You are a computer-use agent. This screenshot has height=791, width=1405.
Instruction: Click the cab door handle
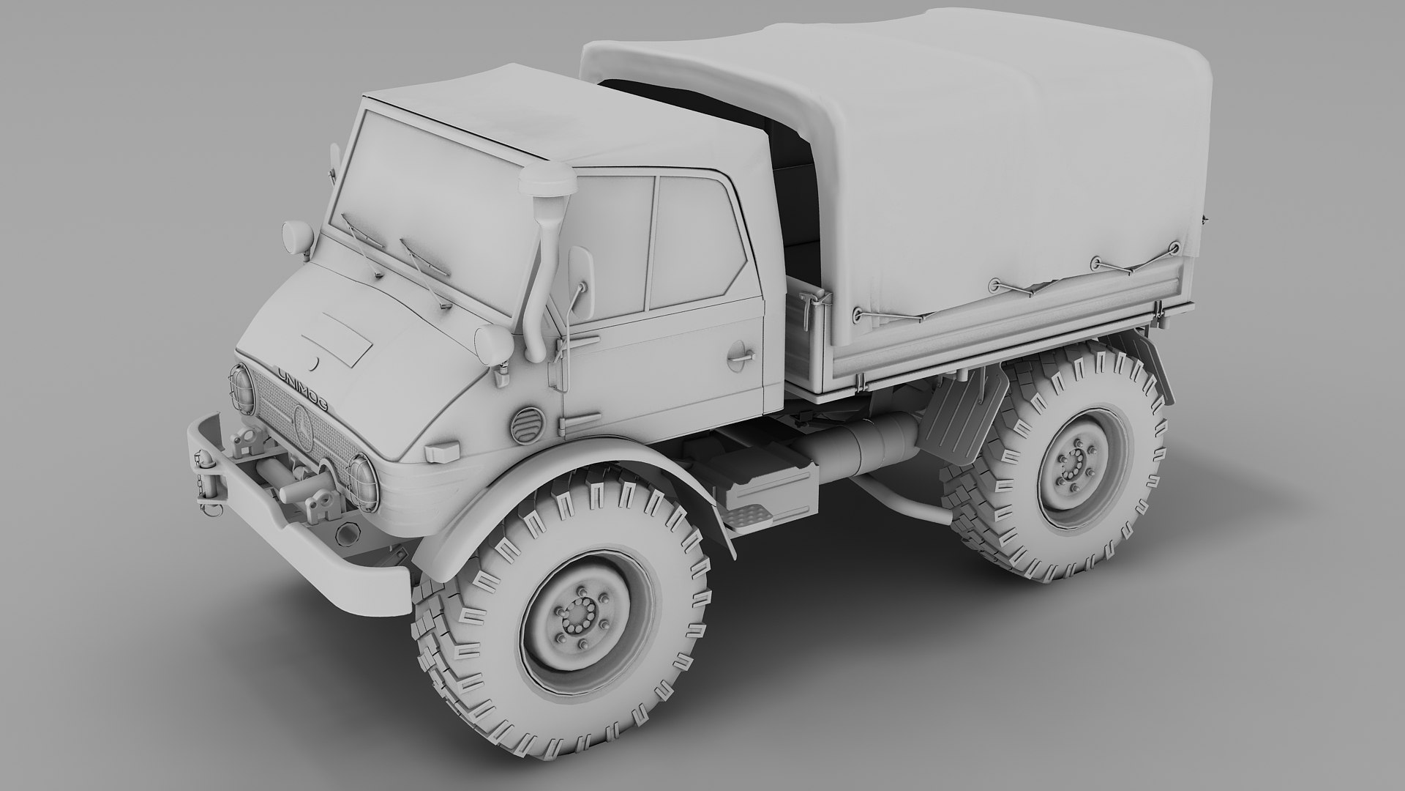[x=741, y=356]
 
